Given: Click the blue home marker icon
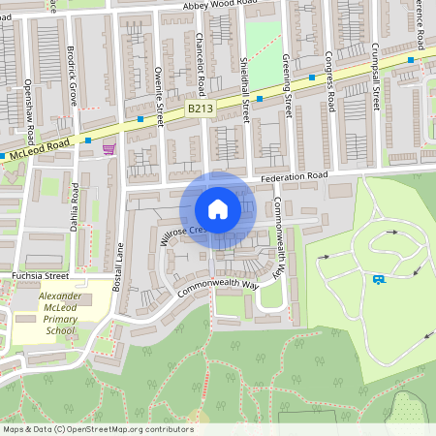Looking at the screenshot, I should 218,209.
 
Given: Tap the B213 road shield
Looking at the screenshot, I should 200,109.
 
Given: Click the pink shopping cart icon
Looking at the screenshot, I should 108,148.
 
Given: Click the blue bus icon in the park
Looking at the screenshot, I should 378,279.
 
